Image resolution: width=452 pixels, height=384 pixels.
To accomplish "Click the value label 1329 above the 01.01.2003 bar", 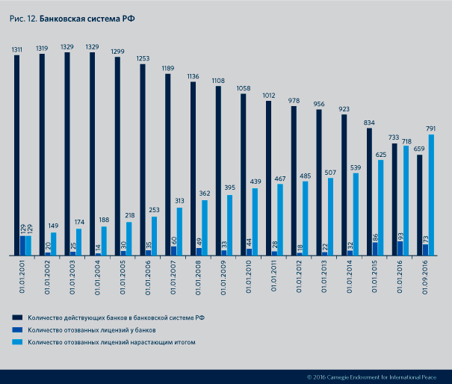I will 67,46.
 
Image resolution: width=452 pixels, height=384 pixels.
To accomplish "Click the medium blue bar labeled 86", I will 374,249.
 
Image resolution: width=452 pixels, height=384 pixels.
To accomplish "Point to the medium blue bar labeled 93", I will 400,248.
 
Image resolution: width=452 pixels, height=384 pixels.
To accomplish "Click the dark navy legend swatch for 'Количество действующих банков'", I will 17,318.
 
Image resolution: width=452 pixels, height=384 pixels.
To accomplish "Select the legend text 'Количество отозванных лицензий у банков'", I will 92,329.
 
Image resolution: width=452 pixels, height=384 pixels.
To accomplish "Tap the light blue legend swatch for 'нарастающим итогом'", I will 17,342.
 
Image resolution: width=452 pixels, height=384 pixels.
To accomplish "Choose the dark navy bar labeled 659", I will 419,205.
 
